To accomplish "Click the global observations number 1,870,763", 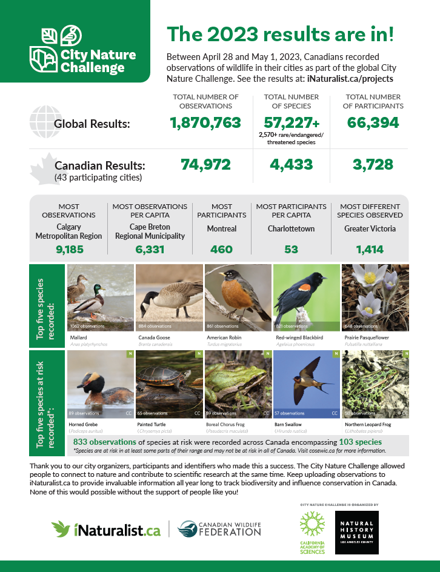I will pos(205,123).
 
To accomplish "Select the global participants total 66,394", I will pos(373,123).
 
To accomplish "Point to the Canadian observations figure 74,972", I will pos(205,164).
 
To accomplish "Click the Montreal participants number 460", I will pos(222,249).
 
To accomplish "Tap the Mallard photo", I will pos(101,298).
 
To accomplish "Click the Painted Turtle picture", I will pos(169,384).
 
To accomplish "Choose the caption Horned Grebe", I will pos(84,424).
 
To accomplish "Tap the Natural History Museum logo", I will pos(356,531).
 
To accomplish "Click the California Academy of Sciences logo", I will pos(312,531).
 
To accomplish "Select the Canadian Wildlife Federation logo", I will pos(219,529).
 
